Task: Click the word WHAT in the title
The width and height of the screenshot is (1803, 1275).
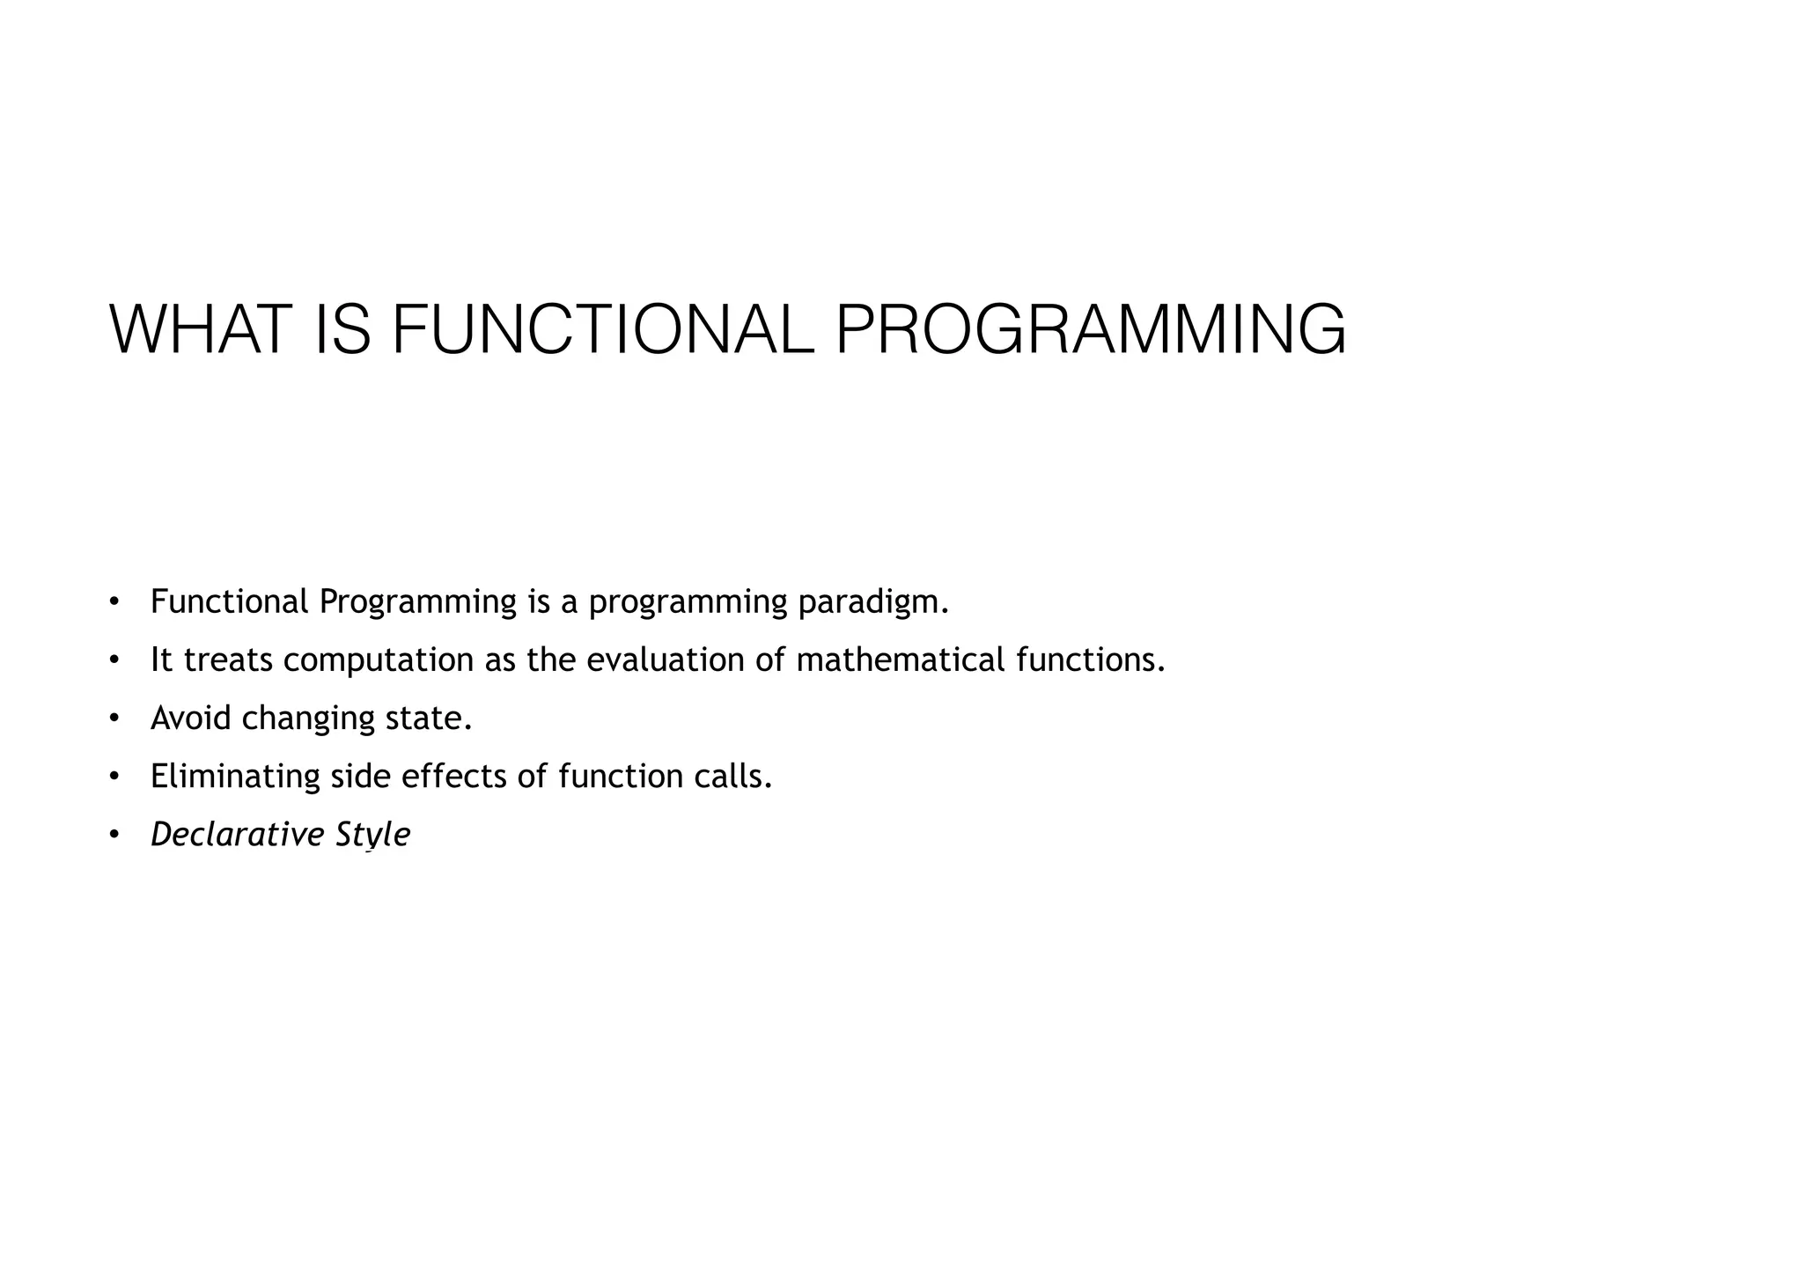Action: [x=201, y=329]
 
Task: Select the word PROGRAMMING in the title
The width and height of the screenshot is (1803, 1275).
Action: [x=1090, y=329]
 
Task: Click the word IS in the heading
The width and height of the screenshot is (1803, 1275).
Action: [x=342, y=329]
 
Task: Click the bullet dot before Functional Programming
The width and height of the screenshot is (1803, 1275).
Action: [x=114, y=602]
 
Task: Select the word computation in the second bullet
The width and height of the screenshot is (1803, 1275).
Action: [x=379, y=660]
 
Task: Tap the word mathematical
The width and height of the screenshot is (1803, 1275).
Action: [x=900, y=660]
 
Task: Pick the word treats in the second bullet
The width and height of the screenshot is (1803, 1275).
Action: [x=229, y=660]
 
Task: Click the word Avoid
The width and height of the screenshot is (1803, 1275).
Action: [x=190, y=719]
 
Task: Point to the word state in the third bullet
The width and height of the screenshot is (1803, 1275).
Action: [x=429, y=719]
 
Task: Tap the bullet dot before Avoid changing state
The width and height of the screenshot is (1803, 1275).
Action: [x=114, y=719]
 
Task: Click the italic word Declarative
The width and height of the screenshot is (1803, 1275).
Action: [x=237, y=835]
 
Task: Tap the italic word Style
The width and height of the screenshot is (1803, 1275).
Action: [x=372, y=835]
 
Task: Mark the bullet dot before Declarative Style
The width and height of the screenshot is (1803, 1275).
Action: [x=114, y=835]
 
